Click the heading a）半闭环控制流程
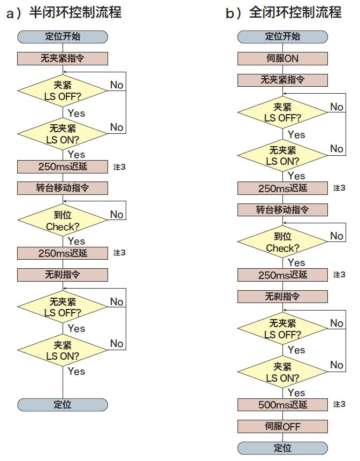[64, 13]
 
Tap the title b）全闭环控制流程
[284, 13]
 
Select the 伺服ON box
[282, 58]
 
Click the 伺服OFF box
[282, 426]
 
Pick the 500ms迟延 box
[282, 405]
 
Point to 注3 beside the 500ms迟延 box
[339, 404]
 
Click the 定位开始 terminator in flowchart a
[63, 37]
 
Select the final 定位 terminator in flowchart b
[282, 448]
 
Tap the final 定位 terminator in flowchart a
[63, 405]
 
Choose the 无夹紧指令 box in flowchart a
[63, 58]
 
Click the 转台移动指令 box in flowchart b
[282, 210]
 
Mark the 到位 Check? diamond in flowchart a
[63, 220]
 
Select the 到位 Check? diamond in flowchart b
[282, 241]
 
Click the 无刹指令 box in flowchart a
[63, 275]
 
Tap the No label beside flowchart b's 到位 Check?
[336, 236]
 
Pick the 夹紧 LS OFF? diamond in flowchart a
[63, 90]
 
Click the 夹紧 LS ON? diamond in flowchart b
[282, 372]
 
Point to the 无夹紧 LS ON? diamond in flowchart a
[63, 134]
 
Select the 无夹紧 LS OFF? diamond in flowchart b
[282, 328]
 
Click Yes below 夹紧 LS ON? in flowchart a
[76, 372]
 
